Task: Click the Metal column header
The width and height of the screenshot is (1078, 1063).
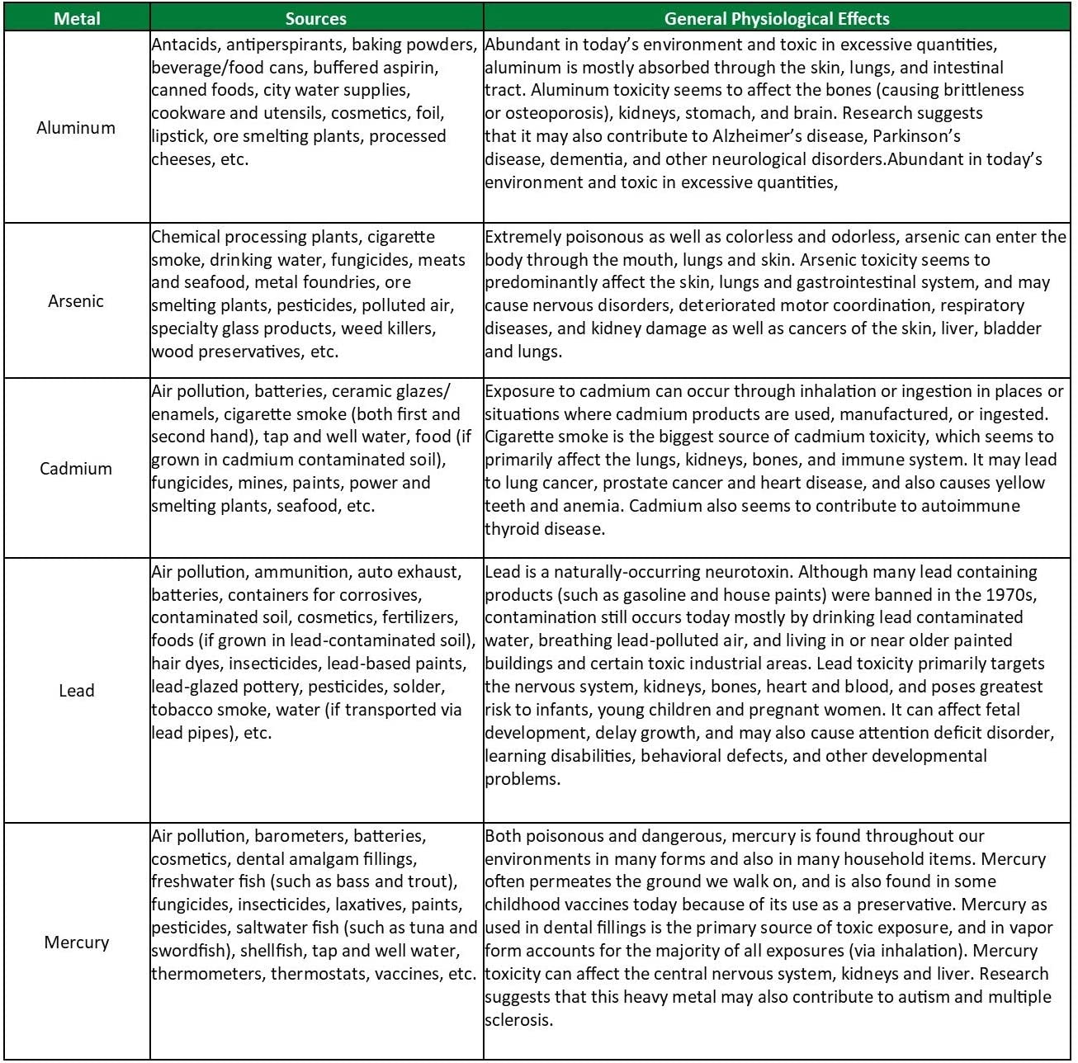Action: [x=77, y=18]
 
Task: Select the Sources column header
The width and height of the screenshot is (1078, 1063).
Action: [x=316, y=18]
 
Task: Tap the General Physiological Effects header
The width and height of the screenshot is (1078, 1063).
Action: [x=777, y=18]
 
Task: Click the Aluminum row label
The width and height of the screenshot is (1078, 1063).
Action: [x=76, y=128]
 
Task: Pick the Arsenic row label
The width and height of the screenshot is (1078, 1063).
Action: [x=76, y=301]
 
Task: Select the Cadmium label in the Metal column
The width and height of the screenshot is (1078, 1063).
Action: [x=76, y=469]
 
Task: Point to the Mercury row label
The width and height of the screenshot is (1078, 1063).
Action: [x=77, y=943]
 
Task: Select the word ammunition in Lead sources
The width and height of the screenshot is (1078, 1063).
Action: [x=301, y=572]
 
